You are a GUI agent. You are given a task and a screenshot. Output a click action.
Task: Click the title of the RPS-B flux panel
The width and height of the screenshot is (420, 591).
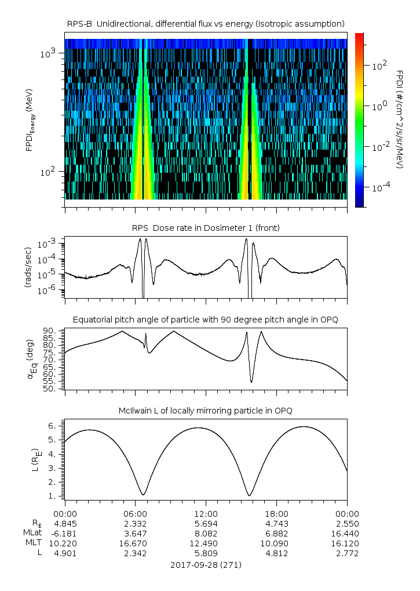click(x=206, y=23)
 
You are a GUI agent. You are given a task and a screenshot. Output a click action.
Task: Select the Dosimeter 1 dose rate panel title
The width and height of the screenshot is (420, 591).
click(x=206, y=228)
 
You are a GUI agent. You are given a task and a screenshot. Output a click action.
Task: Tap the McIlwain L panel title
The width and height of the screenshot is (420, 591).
click(x=206, y=411)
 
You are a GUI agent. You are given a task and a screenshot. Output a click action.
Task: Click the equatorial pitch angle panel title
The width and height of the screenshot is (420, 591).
click(x=206, y=320)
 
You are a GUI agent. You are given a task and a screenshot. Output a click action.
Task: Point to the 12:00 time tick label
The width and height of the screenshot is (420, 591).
click(x=206, y=514)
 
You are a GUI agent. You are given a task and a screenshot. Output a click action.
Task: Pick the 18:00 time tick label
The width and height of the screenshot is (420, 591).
click(x=276, y=514)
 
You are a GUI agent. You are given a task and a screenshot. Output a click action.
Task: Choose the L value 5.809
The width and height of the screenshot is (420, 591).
click(x=206, y=553)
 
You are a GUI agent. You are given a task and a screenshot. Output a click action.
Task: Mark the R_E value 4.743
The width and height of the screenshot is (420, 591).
click(x=276, y=524)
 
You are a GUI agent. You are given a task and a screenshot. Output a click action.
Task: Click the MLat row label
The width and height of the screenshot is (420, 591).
click(x=32, y=534)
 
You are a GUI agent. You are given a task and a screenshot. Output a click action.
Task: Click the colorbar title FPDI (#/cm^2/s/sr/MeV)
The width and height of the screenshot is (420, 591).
click(x=400, y=119)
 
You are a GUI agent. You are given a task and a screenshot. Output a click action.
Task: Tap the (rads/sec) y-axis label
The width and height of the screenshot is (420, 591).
click(x=27, y=266)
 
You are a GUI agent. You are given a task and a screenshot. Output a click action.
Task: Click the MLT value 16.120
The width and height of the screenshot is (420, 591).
click(x=347, y=543)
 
